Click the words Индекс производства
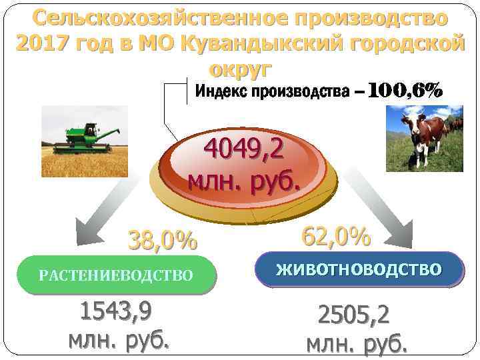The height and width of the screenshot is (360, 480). pos(271,91)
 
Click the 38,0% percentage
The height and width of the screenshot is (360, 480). pos(163,241)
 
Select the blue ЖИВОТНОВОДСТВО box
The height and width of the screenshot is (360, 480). pos(359,269)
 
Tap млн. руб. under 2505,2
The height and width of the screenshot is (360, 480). pos(357,344)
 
